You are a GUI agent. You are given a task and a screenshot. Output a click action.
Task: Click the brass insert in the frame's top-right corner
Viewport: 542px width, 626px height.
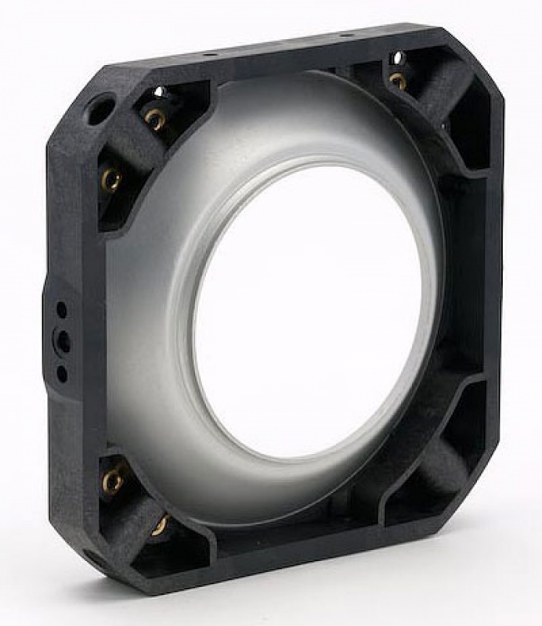(398, 81)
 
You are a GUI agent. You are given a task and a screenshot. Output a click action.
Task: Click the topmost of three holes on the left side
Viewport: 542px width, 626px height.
(62, 310)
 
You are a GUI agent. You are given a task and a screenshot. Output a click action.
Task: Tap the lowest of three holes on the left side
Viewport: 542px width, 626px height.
(62, 372)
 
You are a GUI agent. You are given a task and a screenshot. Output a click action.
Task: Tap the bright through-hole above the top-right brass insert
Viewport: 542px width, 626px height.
(397, 57)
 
